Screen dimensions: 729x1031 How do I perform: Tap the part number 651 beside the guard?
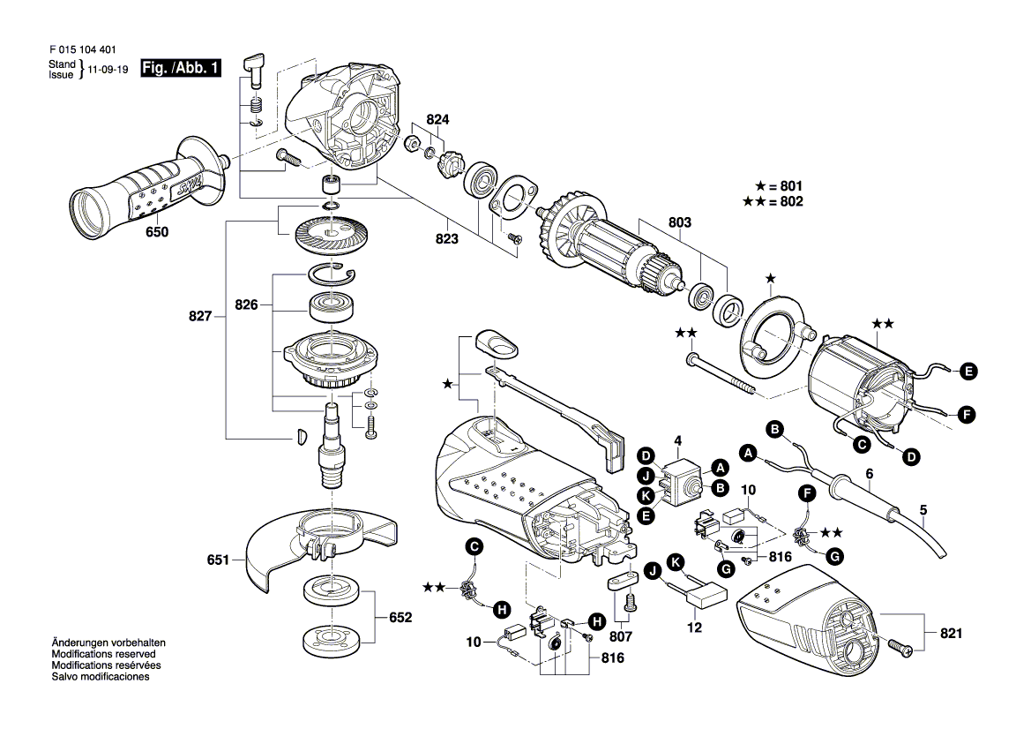pos(218,560)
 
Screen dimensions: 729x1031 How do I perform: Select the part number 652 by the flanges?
pos(400,618)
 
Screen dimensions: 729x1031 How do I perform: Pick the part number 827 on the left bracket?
pos(200,315)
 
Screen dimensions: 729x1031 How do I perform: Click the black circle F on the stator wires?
pos(968,412)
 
